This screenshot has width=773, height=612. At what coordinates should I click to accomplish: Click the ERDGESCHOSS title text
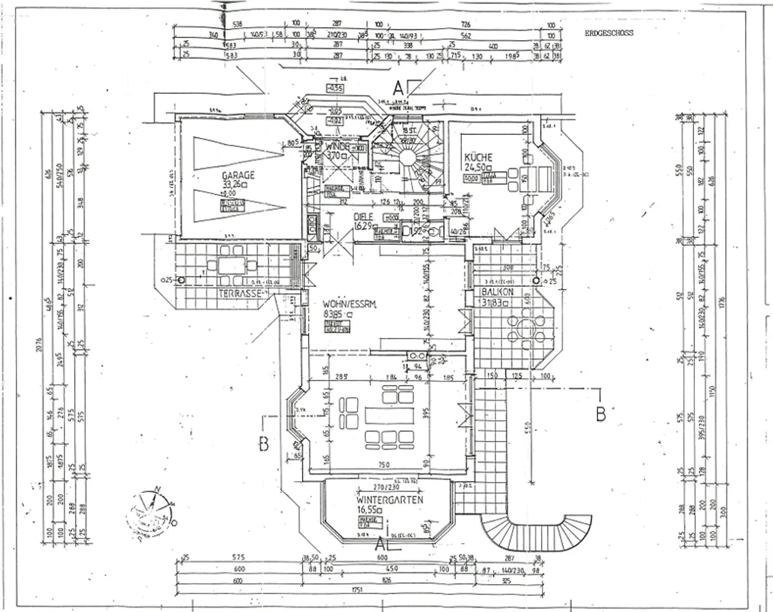click(x=608, y=33)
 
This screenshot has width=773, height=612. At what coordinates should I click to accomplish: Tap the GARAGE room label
click(x=238, y=175)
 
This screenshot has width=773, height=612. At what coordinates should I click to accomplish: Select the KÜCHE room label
click(x=478, y=158)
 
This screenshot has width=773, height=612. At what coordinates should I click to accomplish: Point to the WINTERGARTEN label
click(x=390, y=500)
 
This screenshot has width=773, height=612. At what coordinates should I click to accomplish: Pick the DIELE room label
click(x=363, y=217)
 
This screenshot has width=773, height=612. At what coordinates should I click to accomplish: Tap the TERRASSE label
click(x=240, y=293)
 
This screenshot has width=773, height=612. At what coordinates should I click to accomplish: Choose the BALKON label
click(x=496, y=292)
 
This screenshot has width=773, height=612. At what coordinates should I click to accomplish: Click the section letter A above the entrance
click(x=398, y=89)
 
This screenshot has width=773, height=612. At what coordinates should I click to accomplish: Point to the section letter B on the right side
click(x=600, y=414)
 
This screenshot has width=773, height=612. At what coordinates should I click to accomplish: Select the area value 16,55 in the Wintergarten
click(x=368, y=510)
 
